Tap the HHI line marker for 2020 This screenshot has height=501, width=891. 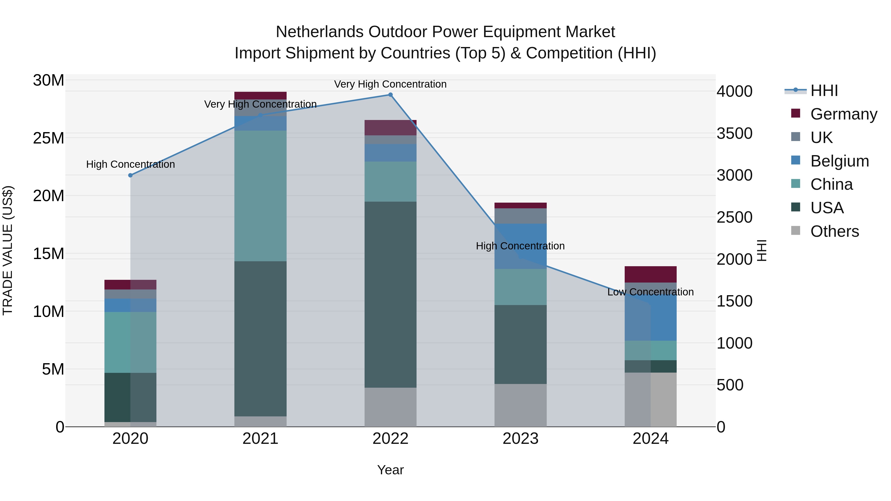click(130, 175)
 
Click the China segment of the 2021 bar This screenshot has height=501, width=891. click(260, 196)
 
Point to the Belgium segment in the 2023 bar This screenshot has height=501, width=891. click(520, 246)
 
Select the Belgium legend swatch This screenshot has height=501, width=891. click(795, 160)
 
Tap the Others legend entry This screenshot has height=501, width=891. click(834, 231)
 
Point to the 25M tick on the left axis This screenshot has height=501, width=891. click(49, 138)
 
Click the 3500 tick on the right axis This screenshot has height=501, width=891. click(734, 133)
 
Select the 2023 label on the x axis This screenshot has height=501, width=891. click(520, 439)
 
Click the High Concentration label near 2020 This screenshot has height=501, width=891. click(130, 164)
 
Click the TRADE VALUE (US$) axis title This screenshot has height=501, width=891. click(8, 250)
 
